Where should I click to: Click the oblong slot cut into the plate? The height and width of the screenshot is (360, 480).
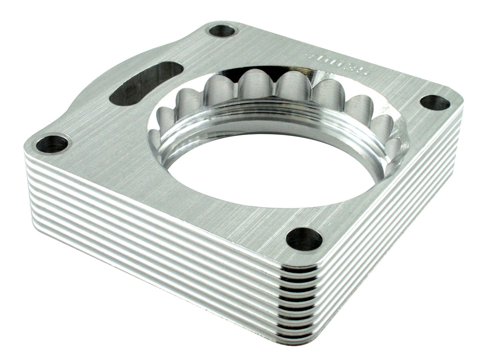pyautogui.click(x=145, y=83)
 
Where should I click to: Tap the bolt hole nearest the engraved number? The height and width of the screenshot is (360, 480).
pyautogui.click(x=434, y=102)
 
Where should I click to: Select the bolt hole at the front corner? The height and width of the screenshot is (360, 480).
pyautogui.click(x=304, y=239)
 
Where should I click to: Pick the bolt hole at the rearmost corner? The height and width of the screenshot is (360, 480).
pyautogui.click(x=222, y=31)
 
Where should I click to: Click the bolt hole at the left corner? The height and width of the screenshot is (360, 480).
pyautogui.click(x=52, y=143)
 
